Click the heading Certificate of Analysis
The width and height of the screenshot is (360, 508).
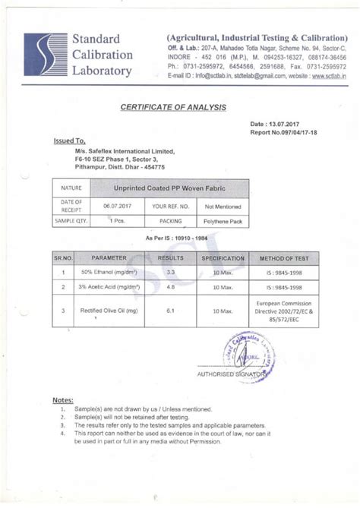173,107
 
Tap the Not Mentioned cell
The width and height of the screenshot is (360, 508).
223,207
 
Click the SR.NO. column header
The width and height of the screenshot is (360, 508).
62,257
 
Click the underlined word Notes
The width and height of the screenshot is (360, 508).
62,399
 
